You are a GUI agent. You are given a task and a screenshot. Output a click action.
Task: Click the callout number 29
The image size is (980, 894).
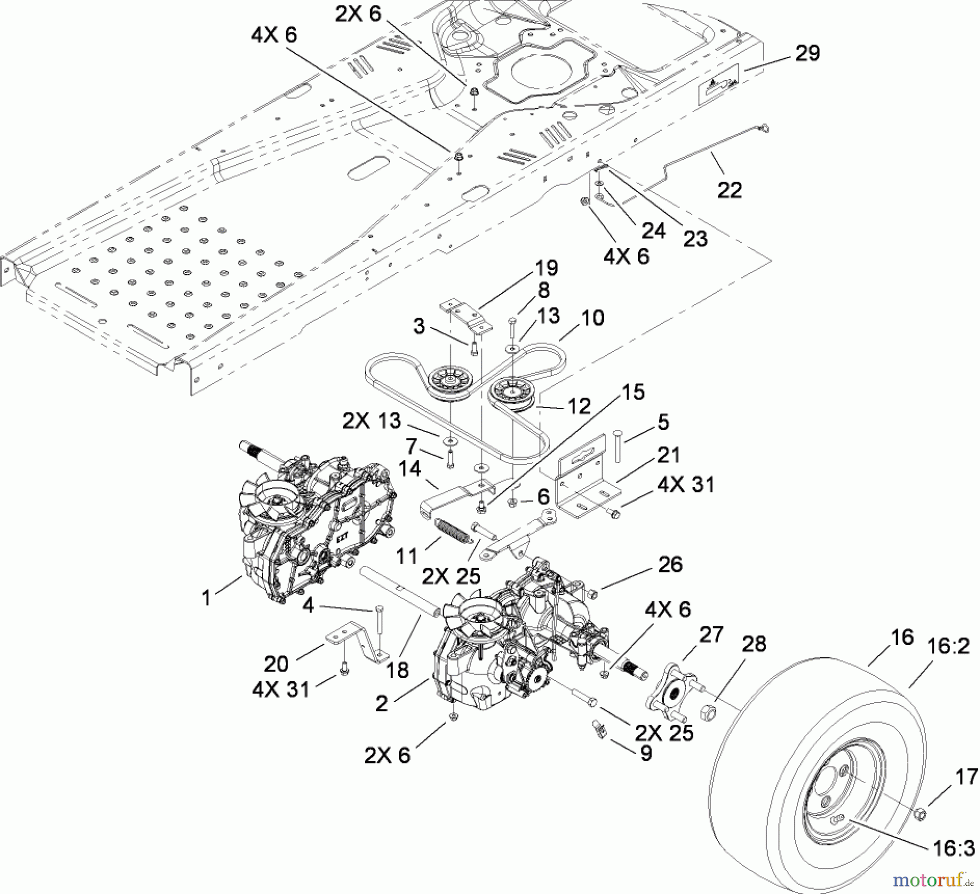point(807,53)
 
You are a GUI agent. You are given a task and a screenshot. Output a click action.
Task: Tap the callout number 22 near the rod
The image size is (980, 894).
point(730,190)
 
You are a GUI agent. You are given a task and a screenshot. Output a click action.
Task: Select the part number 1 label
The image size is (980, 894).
point(206,598)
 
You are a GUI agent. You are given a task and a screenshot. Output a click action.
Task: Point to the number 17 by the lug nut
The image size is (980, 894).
point(966,776)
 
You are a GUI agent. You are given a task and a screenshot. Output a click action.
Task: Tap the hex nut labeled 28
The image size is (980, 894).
point(708,710)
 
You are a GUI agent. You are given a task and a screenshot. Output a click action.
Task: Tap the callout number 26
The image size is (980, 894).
point(670,564)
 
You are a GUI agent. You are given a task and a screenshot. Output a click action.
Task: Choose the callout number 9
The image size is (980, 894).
point(646,754)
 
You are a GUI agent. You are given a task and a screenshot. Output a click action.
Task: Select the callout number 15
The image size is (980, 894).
point(633,392)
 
